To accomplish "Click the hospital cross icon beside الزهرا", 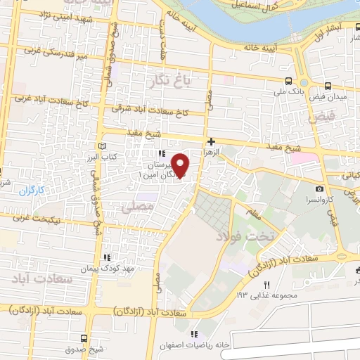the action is [x=211, y=141].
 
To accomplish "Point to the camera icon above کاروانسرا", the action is [x=320, y=188].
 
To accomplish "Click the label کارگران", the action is [x=32, y=190].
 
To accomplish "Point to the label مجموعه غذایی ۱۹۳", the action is [x=262, y=294].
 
